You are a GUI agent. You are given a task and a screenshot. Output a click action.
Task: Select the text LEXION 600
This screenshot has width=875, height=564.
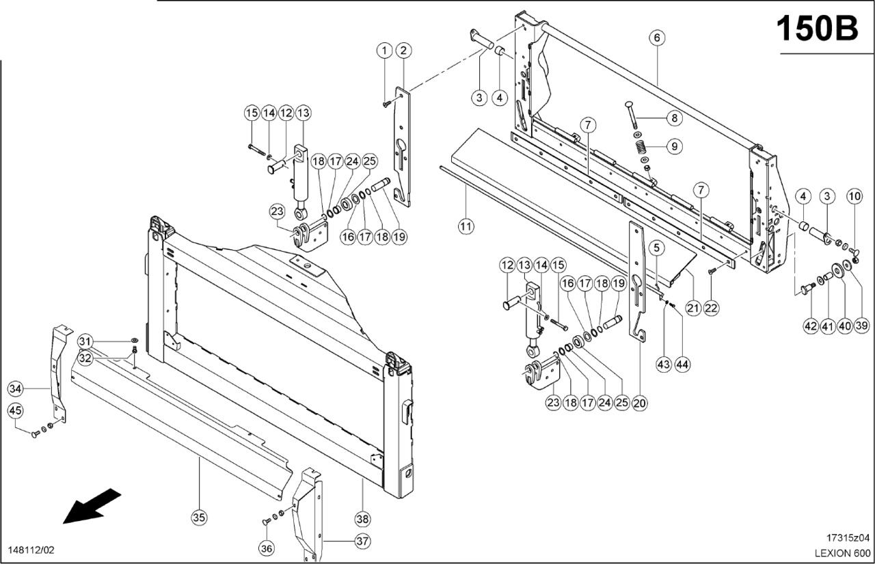coord(842,552)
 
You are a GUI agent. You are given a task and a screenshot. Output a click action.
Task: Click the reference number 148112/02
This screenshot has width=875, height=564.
coord(32,550)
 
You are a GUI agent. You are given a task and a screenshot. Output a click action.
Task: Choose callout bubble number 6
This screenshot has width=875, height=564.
coord(656,38)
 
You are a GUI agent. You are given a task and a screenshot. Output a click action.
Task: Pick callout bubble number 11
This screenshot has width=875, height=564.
coord(466,226)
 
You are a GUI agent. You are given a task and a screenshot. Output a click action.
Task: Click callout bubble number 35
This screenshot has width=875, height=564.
coord(198,518)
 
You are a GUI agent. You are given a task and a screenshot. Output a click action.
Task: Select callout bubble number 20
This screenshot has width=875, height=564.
coord(639,403)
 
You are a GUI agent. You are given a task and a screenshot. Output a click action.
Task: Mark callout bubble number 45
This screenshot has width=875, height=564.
coord(16,410)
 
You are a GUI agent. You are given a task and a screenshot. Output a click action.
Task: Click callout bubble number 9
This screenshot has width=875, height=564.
coord(673,145)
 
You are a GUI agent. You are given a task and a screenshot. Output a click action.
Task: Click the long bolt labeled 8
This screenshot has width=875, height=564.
coord(633,114)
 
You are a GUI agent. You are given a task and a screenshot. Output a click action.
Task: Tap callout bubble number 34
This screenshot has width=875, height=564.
coord(16,389)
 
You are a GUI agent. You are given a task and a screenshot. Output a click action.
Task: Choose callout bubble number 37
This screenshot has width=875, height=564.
coord(362,541)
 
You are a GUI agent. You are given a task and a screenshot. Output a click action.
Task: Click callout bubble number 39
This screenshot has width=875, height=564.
coord(861,326)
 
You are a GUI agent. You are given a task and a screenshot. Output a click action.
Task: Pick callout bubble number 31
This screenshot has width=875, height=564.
coord(85,341)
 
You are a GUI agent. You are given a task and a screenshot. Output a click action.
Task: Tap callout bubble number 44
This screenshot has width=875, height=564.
coord(682,365)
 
